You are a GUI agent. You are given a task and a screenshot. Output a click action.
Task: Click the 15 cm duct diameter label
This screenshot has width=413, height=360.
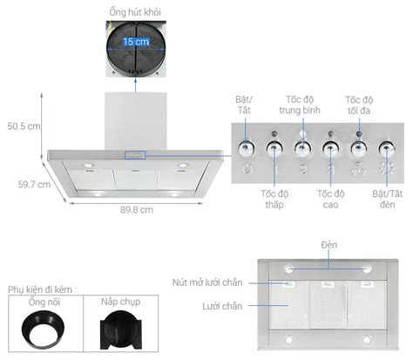click(135, 42)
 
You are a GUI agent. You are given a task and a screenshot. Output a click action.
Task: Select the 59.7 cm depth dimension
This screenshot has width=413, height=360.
click(30, 184)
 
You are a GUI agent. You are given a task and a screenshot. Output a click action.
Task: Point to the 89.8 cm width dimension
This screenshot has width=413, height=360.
click(136, 210)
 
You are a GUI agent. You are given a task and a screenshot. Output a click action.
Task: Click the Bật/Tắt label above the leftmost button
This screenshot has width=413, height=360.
click(247, 105)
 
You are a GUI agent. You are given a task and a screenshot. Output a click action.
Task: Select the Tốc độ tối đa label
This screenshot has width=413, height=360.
click(359, 105)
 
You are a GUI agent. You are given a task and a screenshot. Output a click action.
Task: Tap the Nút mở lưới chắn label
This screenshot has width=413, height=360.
click(208, 282)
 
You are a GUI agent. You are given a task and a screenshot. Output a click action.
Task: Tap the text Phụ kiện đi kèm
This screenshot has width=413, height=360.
click(44, 289)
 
